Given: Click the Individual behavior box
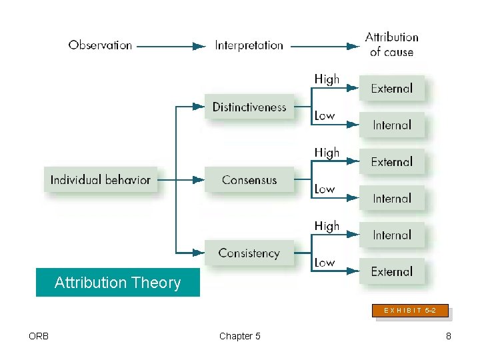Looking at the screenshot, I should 101,179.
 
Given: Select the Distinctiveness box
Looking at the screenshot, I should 249,107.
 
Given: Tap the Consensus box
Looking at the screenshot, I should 249,180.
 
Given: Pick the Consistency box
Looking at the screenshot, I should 249,253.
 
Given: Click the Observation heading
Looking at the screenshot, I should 100,45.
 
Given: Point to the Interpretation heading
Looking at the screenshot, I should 249,45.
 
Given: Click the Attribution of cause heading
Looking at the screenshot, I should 391,45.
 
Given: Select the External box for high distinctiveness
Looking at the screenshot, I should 392,88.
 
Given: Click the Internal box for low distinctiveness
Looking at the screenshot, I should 392,125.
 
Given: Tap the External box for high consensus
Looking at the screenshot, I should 392,161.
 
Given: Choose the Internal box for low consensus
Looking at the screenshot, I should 392,198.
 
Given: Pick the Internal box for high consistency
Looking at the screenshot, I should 392,235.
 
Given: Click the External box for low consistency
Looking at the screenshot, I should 392,271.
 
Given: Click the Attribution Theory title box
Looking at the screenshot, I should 117,283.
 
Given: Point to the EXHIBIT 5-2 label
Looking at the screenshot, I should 411,310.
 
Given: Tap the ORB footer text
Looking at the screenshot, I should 39,336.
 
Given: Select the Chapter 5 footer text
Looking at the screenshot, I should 239,336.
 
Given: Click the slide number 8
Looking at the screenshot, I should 449,336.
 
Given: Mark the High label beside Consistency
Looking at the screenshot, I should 327,226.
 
